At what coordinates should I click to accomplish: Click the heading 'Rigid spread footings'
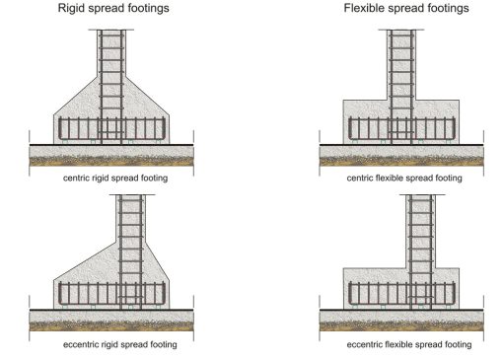click(113, 9)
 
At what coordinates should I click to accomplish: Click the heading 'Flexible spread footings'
click(406, 9)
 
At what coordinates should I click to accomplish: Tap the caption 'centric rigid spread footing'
click(115, 179)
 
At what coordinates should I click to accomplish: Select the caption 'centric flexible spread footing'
click(404, 179)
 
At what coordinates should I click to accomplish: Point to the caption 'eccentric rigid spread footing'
click(120, 344)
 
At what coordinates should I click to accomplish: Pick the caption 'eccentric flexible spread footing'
click(409, 344)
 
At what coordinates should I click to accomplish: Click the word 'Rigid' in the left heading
click(70, 9)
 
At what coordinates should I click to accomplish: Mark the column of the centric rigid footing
click(111, 53)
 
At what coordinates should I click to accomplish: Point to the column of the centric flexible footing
click(401, 65)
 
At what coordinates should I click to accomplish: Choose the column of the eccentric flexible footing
click(421, 231)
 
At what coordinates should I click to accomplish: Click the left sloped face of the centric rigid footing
click(75, 96)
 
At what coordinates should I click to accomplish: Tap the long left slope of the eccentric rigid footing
click(85, 261)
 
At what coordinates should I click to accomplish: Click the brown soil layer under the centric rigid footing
click(111, 161)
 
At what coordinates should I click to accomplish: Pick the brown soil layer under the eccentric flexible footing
click(401, 326)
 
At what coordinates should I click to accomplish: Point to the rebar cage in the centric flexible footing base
click(401, 128)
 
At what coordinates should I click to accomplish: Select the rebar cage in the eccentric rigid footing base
click(111, 294)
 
